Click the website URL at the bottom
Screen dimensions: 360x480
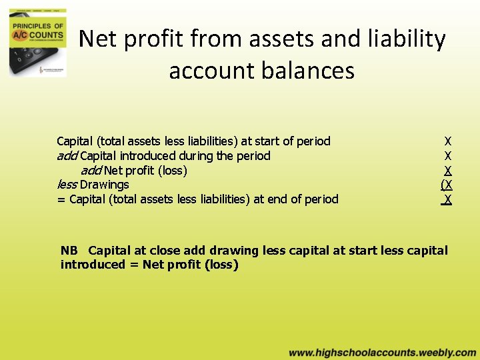(382, 352)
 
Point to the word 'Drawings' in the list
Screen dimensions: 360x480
(105, 185)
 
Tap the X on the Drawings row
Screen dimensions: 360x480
(447, 185)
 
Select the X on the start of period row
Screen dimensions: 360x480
(448, 141)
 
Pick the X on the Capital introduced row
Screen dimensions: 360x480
(448, 155)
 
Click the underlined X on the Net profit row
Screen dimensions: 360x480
(448, 170)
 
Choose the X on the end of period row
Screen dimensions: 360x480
(448, 199)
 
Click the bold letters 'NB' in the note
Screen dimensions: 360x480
(69, 251)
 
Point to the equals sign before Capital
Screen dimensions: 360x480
(61, 199)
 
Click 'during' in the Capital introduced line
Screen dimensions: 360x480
(192, 155)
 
